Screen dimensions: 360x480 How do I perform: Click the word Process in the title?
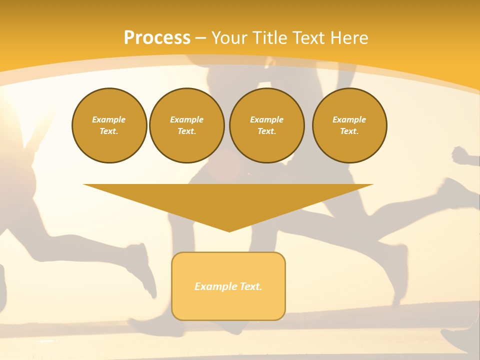[157, 38]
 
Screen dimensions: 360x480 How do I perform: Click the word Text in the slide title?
[308, 38]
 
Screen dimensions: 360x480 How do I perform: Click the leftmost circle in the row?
[109, 125]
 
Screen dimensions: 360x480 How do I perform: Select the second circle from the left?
[187, 125]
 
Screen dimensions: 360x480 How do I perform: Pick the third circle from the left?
[266, 125]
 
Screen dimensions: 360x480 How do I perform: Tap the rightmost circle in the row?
[349, 125]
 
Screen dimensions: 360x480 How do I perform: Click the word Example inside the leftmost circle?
[108, 119]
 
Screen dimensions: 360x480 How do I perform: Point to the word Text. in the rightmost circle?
[349, 131]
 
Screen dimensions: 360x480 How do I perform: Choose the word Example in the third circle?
[266, 119]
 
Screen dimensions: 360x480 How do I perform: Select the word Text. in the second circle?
[186, 131]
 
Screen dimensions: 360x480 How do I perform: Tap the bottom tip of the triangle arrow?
[229, 230]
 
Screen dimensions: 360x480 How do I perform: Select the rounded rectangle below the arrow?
[228, 286]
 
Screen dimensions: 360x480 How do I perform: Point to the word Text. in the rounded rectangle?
[250, 286]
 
